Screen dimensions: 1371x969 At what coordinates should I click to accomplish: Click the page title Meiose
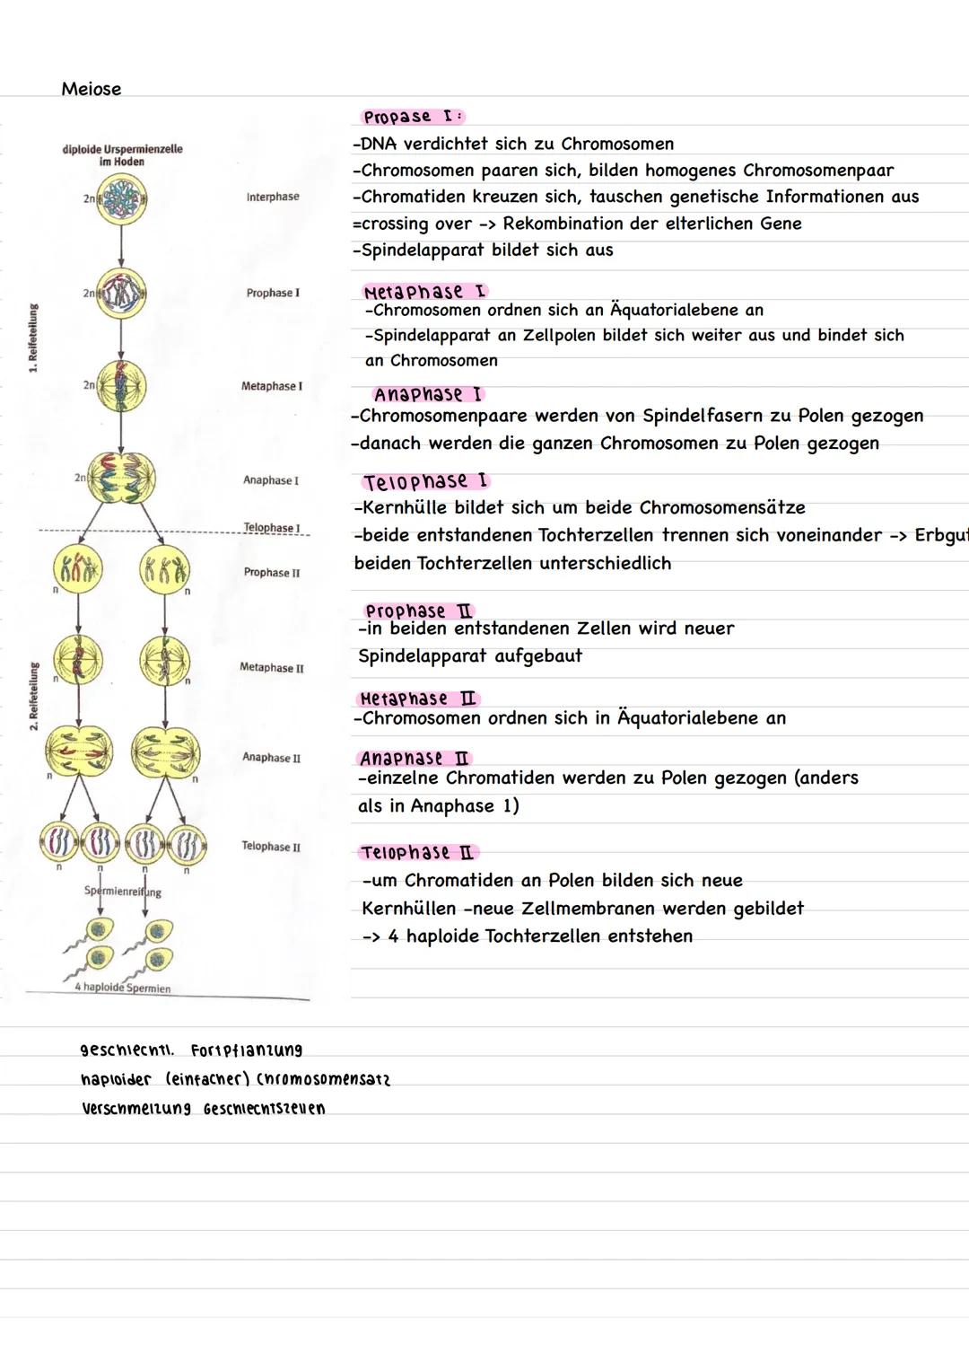coord(91,89)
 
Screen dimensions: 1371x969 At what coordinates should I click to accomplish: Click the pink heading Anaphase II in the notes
coord(415,759)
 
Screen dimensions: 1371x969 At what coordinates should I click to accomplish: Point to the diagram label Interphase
coord(273,197)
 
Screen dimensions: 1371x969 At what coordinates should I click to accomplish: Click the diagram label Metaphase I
coord(271,386)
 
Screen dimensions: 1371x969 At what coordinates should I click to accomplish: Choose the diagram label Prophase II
coord(272,573)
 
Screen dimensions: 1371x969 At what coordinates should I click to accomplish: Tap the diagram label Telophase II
coord(271,847)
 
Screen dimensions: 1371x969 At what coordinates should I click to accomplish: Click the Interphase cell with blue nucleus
coord(122,198)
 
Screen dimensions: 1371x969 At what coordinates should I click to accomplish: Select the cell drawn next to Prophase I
coord(122,294)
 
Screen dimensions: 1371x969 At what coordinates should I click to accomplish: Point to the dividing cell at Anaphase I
coord(121,479)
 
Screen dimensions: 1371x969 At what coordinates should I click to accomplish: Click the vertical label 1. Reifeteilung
coord(33,338)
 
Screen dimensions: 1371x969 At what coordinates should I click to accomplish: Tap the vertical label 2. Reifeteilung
coord(33,697)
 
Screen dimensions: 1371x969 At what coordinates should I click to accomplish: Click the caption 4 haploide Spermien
coord(123,989)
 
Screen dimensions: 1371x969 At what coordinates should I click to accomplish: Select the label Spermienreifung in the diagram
coord(123,892)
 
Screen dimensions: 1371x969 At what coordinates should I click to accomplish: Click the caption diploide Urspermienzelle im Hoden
coord(122,155)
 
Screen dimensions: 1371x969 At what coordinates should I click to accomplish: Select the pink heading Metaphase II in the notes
coord(417,699)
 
